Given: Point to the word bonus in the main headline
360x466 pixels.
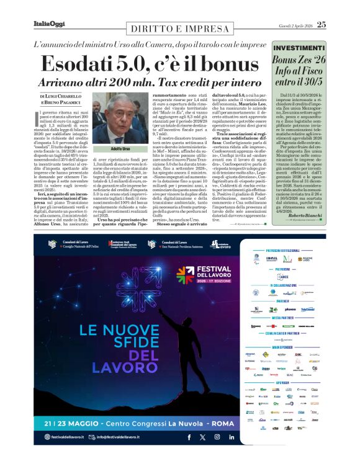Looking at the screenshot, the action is (x=225, y=64).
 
